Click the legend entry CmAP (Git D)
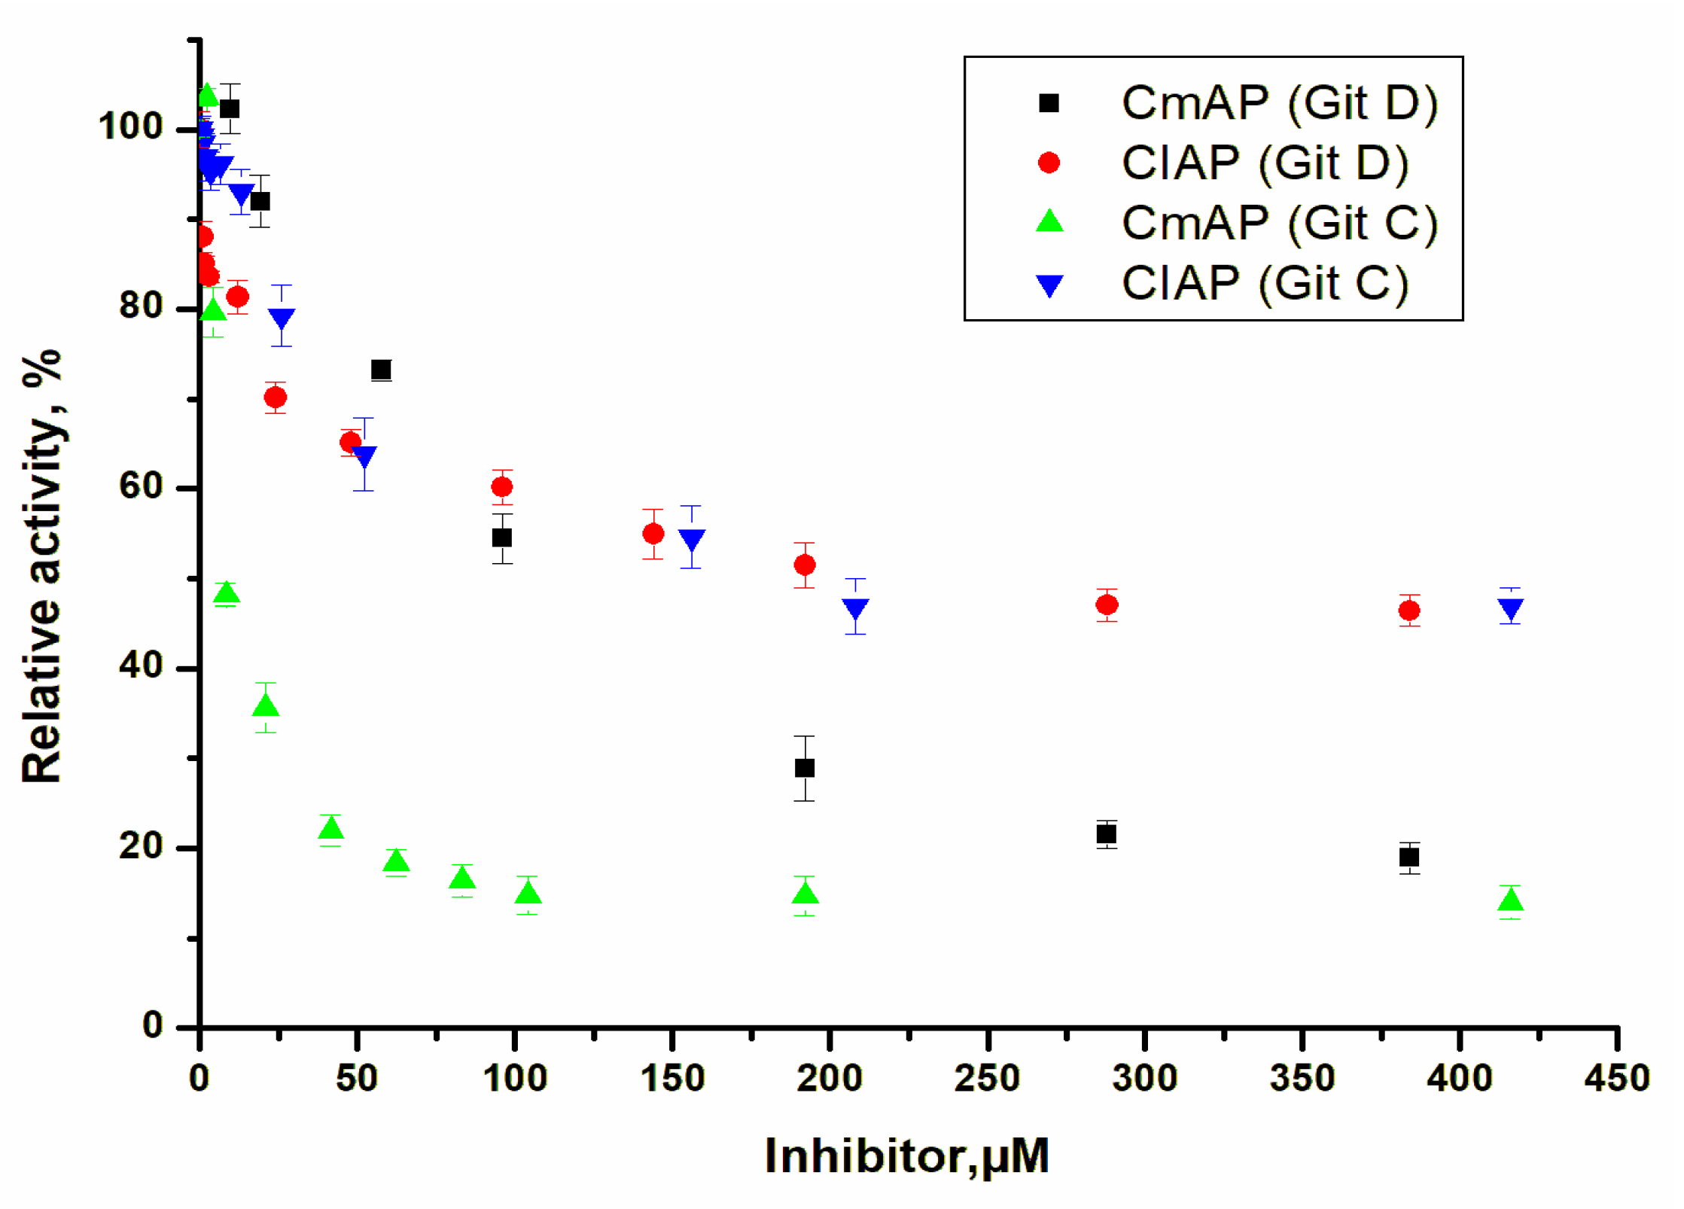tap(1279, 103)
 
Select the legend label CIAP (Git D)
tap(1264, 163)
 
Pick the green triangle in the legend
tap(1049, 221)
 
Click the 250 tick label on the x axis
tap(987, 1079)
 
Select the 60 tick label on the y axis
tap(142, 486)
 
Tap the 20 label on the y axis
tap(142, 846)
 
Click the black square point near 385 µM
tap(1409, 857)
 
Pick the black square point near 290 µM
tap(1106, 834)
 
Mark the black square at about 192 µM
tap(805, 768)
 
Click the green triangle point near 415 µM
tap(1510, 900)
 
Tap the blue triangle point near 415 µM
tap(1510, 608)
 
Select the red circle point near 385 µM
tap(1409, 611)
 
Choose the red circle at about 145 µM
tap(653, 534)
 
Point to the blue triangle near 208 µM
tap(855, 608)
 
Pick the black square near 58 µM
tap(381, 370)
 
